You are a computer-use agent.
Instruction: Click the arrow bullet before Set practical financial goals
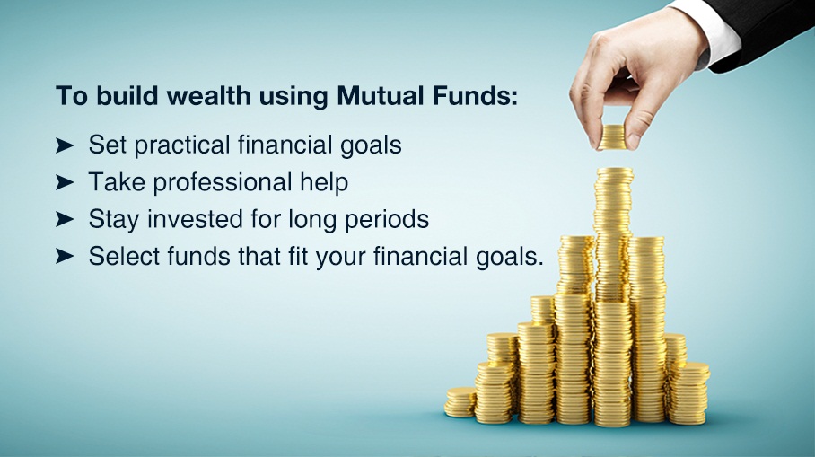coord(64,145)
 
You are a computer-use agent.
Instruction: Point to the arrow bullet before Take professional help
coord(64,182)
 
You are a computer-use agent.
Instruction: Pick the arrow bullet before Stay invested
coord(64,219)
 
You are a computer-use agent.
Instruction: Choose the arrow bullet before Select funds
coord(64,256)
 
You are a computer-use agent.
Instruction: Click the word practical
coord(182,145)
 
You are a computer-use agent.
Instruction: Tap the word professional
coord(223,183)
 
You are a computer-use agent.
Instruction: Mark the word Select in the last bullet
coord(124,256)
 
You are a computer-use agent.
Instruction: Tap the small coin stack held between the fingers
coord(612,137)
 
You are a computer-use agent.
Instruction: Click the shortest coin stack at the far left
coord(460,402)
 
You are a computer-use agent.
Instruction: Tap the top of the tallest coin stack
coord(615,172)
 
